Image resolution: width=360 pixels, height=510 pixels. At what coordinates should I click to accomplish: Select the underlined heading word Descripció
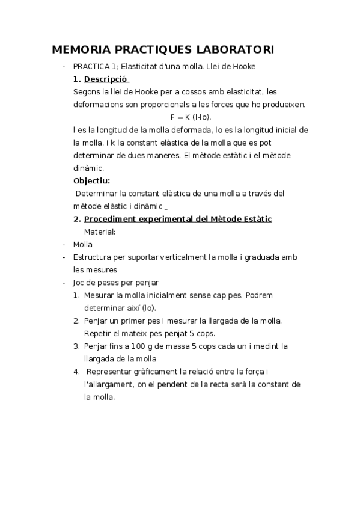click(x=106, y=79)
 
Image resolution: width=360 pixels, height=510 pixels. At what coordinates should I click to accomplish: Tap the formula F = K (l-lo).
click(x=191, y=117)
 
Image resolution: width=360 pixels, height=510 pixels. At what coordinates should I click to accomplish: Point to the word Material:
click(x=100, y=232)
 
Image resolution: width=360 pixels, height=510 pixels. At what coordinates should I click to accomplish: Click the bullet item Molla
click(x=82, y=244)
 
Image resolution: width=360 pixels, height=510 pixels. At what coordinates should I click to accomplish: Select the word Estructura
click(x=94, y=257)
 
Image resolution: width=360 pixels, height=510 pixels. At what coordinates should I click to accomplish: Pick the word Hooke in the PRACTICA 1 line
click(x=243, y=66)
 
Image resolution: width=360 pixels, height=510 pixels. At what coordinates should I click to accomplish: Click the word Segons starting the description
click(x=87, y=91)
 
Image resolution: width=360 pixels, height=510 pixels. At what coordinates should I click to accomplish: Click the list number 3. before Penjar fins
click(x=76, y=346)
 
